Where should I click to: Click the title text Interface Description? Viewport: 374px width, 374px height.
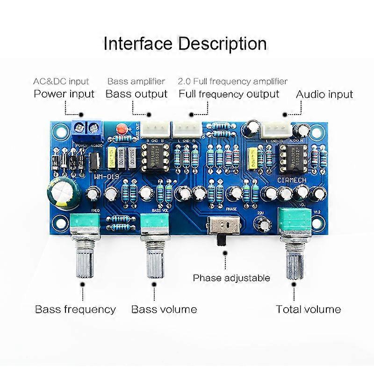pos(185,44)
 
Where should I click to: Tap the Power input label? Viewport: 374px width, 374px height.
pos(64,93)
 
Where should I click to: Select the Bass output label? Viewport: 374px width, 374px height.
pos(137,93)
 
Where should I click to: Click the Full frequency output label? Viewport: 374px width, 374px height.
pos(229,93)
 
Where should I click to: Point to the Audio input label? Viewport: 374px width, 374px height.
pos(324,94)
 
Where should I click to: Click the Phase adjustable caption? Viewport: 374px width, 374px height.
pos(231,278)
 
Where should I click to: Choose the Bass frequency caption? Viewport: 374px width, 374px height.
pos(75,309)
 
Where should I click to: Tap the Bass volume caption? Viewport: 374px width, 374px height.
pos(164,309)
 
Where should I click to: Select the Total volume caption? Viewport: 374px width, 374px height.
pos(308,309)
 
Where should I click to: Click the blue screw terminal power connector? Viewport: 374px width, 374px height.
pos(87,130)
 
